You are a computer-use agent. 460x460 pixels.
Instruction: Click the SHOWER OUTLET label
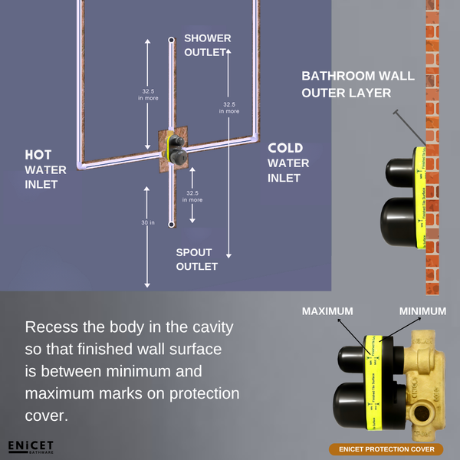click(x=207, y=44)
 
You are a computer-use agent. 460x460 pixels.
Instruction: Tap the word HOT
click(x=38, y=155)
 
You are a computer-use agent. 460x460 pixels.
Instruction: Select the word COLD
click(x=284, y=148)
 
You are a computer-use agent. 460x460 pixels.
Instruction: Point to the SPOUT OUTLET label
click(x=197, y=259)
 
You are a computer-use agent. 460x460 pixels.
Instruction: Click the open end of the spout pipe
click(x=171, y=224)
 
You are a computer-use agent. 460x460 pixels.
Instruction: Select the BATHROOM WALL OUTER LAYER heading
click(x=357, y=84)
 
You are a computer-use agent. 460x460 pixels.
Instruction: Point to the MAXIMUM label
click(x=327, y=310)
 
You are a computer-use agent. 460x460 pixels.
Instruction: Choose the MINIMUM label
click(x=422, y=310)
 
